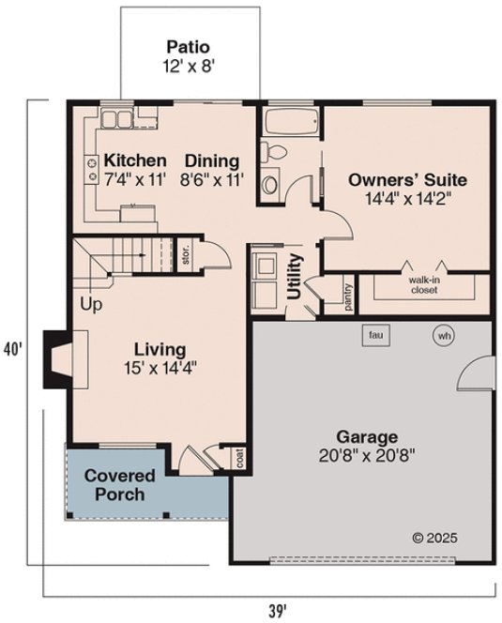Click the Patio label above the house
[187, 46]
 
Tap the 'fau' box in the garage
[376, 335]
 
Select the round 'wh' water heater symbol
[442, 335]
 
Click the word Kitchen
[135, 160]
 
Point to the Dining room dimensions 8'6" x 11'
[211, 178]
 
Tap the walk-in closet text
[424, 284]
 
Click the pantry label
[346, 295]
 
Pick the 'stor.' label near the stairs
[187, 256]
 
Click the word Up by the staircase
[91, 305]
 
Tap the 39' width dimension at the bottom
[276, 610]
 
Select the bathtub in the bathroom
[289, 123]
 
